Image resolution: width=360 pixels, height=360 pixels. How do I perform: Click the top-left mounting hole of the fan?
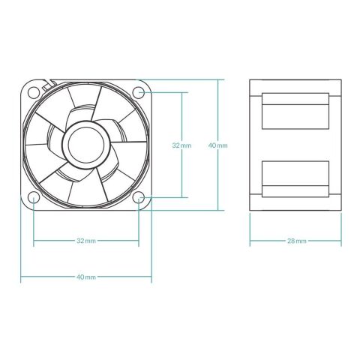34,92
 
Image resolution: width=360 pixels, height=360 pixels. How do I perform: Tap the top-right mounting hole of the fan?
139,92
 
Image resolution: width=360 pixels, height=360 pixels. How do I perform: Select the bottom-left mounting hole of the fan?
34,198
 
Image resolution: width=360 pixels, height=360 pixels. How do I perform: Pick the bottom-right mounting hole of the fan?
139,198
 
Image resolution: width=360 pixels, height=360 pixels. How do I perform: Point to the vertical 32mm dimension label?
181,145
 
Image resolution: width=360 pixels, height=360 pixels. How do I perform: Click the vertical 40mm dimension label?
218,145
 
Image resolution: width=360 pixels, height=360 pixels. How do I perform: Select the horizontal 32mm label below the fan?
86,241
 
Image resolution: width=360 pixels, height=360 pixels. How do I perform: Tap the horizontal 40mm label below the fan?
86,277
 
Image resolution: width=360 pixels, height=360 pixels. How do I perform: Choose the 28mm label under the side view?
296,241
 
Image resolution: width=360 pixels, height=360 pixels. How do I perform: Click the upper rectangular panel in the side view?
295,111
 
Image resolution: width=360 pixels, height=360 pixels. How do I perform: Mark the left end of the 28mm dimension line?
250,241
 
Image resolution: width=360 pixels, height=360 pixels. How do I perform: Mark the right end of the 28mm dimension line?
342,241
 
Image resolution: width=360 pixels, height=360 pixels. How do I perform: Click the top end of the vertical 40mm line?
218,78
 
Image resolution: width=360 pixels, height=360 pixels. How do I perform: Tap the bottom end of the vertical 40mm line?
218,212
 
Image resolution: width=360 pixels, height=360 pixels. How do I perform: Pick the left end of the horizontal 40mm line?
21,277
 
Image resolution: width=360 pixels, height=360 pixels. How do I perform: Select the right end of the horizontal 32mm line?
139,241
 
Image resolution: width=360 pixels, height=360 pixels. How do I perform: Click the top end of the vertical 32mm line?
181,92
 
